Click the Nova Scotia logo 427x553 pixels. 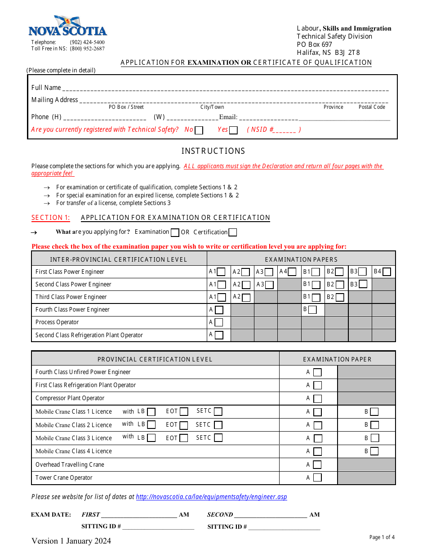68,26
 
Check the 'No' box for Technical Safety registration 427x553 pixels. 199,130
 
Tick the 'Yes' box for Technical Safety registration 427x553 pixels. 233,130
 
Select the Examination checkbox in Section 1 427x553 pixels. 175,232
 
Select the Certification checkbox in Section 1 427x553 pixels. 233,232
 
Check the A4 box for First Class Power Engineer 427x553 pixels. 292,272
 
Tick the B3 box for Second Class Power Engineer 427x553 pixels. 363,284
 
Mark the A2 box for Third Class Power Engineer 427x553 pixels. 246,297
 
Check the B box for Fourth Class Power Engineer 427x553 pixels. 312,310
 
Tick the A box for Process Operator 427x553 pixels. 219,322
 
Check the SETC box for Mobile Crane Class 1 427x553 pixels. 218,411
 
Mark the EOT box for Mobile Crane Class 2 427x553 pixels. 184,425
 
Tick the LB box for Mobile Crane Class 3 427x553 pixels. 151,438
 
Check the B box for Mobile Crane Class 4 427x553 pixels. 374,451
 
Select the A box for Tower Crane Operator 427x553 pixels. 318,478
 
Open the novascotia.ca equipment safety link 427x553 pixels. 211,497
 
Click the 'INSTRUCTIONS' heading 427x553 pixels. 213,151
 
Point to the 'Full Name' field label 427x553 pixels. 46,88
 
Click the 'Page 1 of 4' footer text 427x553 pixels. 382,537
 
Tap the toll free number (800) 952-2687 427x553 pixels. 87,49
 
